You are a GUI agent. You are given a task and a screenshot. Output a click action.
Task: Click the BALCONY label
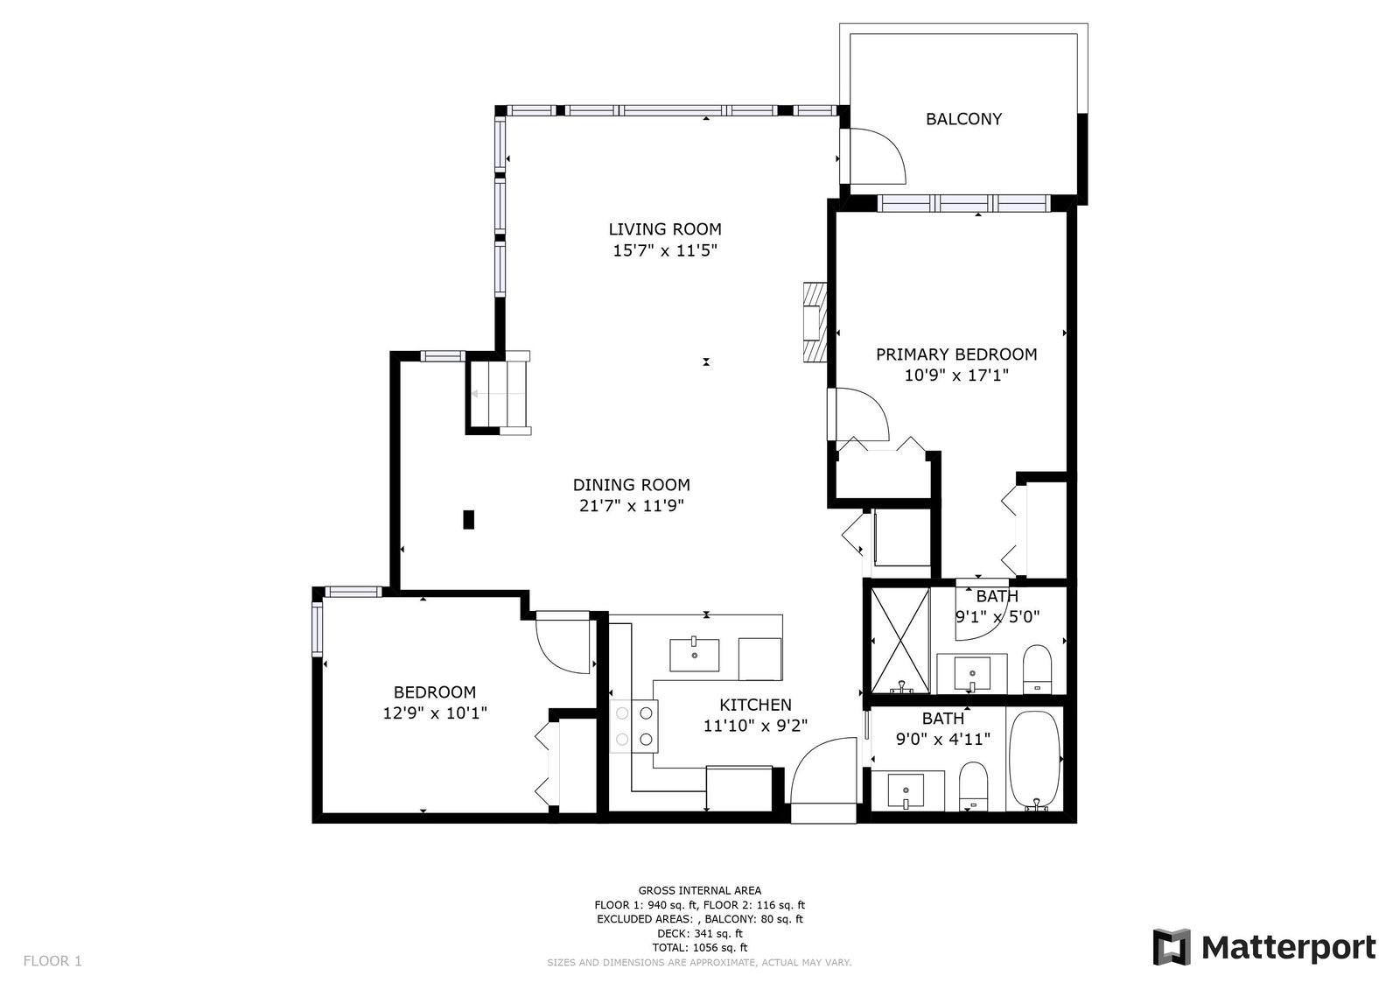point(963,119)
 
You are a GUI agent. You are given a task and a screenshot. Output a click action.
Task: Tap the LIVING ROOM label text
point(665,228)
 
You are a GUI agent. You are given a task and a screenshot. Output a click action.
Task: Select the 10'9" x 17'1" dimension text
point(956,376)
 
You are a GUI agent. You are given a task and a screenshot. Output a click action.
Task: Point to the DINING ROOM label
point(631,485)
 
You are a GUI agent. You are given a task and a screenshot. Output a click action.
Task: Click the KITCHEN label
point(756,705)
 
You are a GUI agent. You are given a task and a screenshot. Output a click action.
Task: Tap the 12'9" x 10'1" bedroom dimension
point(435,713)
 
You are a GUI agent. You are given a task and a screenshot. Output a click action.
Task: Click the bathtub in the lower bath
point(1035,760)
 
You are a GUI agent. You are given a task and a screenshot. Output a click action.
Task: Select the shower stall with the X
point(900,641)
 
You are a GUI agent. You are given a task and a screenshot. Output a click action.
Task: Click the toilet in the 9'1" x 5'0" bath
point(1037,669)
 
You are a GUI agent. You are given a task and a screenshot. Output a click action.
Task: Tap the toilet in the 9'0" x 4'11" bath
point(973,786)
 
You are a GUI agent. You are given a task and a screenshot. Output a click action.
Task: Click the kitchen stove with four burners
point(633,726)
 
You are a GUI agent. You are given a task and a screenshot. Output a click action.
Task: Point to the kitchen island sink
point(695,655)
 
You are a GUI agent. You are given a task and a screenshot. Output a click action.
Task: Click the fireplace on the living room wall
point(815,322)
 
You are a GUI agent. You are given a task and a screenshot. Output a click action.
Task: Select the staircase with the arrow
point(500,393)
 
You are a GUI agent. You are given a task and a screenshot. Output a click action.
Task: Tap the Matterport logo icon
point(1172,947)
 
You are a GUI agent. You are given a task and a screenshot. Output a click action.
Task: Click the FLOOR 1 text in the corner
point(52,960)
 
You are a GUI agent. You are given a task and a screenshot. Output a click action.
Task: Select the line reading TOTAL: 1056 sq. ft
point(700,947)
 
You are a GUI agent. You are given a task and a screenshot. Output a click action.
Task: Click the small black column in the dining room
point(469,520)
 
